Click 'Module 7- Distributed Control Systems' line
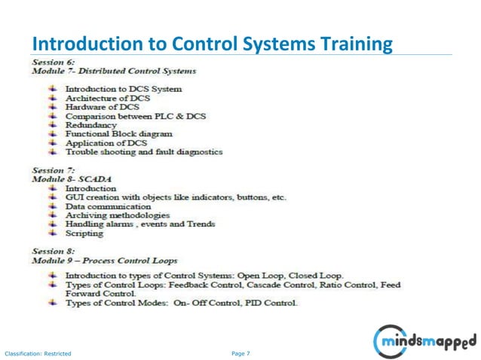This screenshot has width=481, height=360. tap(114, 71)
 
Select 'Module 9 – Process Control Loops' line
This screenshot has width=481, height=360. tap(105, 259)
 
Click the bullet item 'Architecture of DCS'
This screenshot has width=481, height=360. tap(108, 98)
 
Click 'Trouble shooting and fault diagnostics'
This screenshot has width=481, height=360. tap(144, 151)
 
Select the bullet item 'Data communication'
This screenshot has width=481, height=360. tap(108, 206)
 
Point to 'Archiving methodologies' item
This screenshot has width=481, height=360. tap(118, 215)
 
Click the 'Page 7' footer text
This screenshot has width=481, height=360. tap(241, 352)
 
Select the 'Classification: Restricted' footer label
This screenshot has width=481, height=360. tap(38, 353)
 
